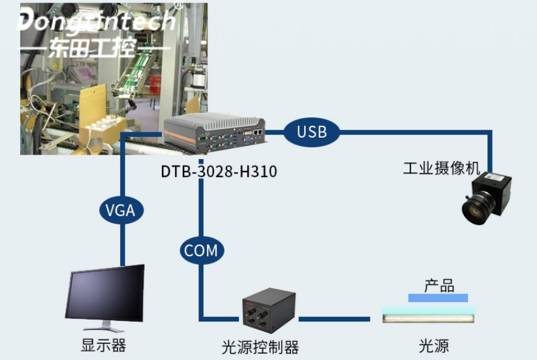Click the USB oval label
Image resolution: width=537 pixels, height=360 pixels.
[x=312, y=132]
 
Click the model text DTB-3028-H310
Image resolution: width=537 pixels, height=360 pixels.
[x=219, y=172]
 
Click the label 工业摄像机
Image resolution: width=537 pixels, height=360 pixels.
[x=441, y=169]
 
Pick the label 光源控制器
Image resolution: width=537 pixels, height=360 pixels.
[x=260, y=345]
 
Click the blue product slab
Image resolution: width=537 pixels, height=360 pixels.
[x=438, y=298]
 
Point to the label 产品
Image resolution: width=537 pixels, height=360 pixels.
[x=438, y=285]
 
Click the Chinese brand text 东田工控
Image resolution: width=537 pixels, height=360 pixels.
[x=95, y=48]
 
